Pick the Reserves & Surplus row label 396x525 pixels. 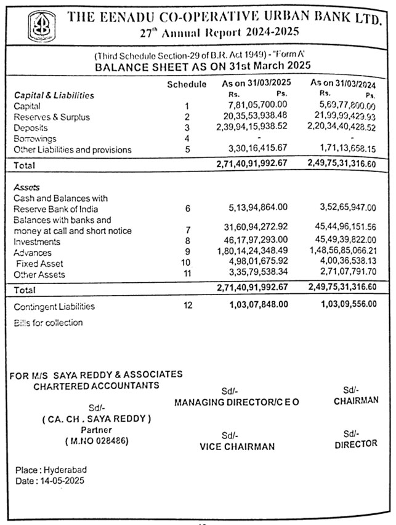tap(52, 117)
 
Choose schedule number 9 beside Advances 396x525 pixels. tap(187, 253)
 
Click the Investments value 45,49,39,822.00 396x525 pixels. tap(344, 240)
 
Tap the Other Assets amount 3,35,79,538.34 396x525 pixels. tap(257, 274)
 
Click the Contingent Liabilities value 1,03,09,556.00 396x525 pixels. tap(349, 305)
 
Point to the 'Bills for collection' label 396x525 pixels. tap(48, 323)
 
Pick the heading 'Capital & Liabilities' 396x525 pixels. tap(54, 95)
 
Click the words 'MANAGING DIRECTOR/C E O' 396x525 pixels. tap(236, 402)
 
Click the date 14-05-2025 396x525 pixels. tap(61, 480)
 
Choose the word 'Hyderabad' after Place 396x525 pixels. tap(63, 470)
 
